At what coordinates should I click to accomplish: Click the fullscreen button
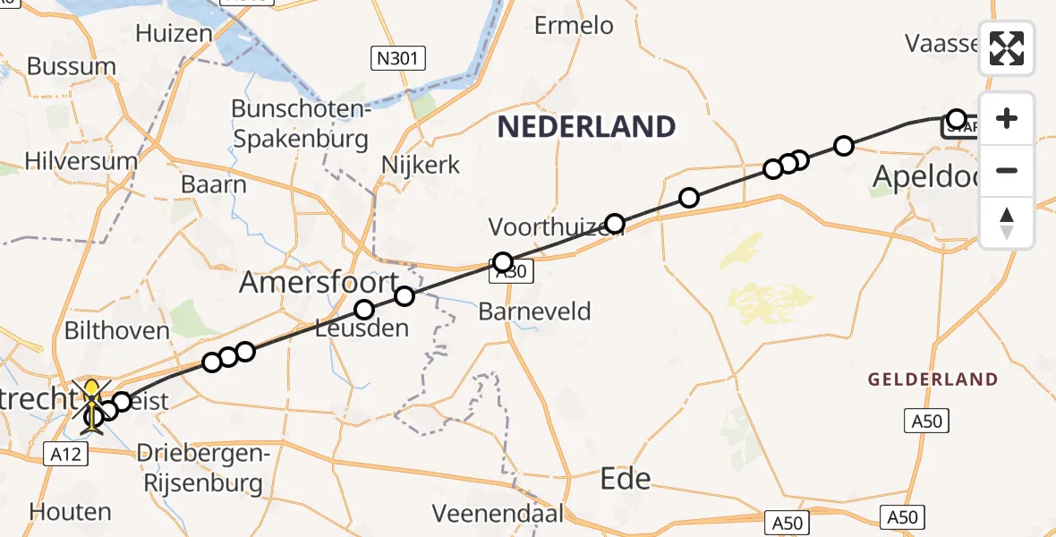[1007, 48]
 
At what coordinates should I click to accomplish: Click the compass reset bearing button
[1007, 223]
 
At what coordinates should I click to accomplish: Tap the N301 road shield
[398, 60]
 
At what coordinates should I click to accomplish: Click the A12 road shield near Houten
[66, 455]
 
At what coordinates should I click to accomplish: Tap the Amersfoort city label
[319, 284]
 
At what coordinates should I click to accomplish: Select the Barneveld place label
[535, 311]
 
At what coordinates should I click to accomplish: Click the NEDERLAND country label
[586, 127]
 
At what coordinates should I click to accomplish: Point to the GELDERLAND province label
[933, 379]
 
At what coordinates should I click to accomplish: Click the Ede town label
[626, 478]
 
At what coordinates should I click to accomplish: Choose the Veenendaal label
[498, 514]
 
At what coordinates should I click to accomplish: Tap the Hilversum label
[81, 162]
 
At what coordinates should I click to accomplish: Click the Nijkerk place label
[421, 166]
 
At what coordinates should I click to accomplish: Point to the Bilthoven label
[116, 331]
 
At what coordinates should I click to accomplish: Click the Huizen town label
[174, 33]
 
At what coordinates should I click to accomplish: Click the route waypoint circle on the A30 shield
[503, 262]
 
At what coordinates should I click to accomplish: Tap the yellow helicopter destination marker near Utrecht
[92, 402]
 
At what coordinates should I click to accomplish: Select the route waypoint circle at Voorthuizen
[615, 223]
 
